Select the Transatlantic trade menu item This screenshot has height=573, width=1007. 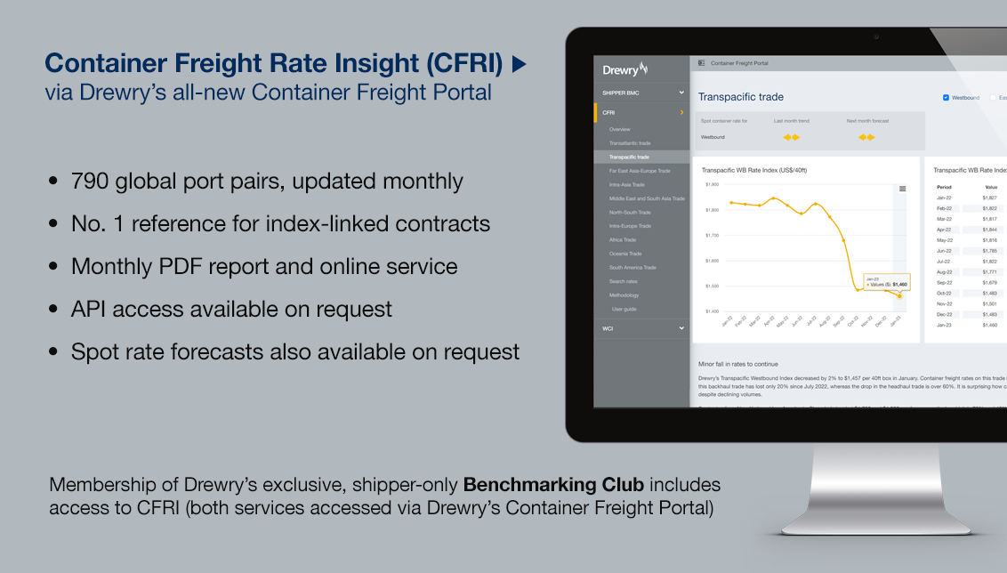[630, 143]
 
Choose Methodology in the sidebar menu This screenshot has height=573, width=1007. [624, 295]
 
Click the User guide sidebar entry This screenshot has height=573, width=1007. [624, 309]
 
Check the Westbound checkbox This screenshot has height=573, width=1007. [946, 97]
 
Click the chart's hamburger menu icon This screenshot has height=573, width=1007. [902, 189]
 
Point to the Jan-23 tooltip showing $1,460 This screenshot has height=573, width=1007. [886, 281]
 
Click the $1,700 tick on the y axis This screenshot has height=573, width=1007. [712, 236]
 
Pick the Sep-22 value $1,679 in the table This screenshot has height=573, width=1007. [989, 282]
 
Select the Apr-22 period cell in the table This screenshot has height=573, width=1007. [944, 230]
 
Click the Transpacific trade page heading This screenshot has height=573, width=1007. [741, 97]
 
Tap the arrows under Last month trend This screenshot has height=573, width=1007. [791, 137]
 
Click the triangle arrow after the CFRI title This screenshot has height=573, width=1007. [520, 64]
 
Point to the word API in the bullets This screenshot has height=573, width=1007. [90, 309]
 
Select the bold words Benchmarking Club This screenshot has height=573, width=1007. [541, 485]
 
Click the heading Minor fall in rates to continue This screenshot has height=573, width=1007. [738, 364]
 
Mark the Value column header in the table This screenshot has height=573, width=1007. [991, 188]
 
